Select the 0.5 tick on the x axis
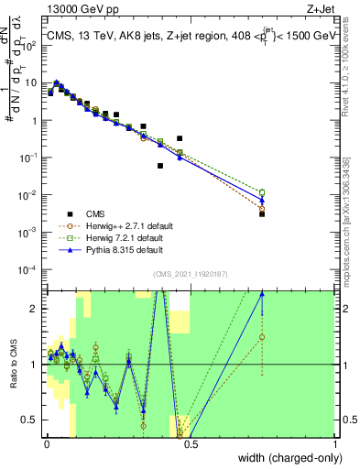[191, 445]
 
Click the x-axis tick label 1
[336, 445]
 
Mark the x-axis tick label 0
[46, 445]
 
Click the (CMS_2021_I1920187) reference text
[191, 274]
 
